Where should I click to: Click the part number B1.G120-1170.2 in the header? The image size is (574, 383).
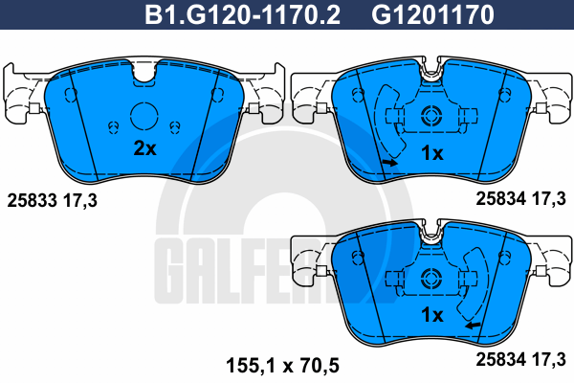[242, 14]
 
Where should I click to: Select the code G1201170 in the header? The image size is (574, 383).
[432, 14]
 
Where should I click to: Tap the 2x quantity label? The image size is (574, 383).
[145, 148]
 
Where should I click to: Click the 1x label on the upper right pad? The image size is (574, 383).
[432, 153]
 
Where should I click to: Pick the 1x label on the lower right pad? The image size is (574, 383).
[432, 314]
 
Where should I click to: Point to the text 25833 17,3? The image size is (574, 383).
[53, 200]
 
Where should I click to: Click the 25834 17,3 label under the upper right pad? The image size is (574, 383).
[520, 198]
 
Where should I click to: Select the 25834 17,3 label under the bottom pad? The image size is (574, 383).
[520, 360]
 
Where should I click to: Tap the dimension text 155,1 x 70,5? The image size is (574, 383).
[282, 366]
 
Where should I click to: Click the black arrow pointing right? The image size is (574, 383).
[389, 162]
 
